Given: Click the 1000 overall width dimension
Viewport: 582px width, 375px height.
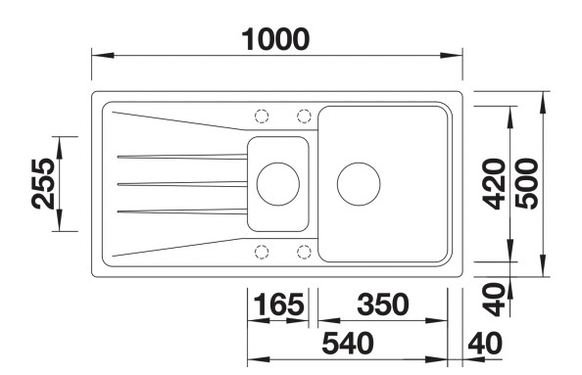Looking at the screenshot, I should point(276,38).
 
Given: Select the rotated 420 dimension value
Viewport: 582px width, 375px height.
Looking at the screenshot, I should point(494,183).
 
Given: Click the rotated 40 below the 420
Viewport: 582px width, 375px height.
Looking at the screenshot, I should point(495,297).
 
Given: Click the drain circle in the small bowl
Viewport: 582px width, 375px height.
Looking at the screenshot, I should point(277,183).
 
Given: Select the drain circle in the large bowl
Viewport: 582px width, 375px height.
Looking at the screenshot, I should point(358,183).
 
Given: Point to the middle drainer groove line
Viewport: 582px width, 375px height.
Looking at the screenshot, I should point(181,183).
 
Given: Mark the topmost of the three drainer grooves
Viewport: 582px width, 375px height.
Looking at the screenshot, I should point(181,155).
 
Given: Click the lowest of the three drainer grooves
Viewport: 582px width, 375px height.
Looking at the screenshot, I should point(181,211).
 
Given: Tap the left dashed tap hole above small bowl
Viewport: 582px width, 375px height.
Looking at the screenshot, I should point(262,116).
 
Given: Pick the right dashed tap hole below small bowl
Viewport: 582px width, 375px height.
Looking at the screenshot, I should point(304,251).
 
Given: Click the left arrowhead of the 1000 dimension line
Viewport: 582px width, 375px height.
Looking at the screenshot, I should point(98,55).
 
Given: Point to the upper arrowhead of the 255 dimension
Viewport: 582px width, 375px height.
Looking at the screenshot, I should point(62,143).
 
